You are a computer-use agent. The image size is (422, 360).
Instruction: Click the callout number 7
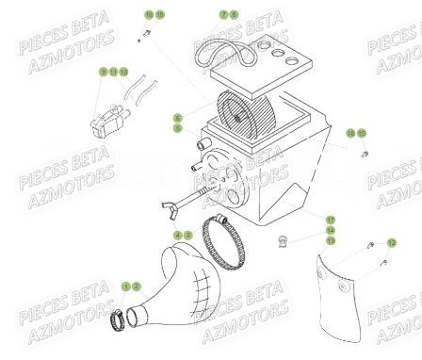[x=223, y=15]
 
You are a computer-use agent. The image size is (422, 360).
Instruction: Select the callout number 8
[x=234, y=15]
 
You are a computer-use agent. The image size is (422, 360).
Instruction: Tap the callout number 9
[x=103, y=72]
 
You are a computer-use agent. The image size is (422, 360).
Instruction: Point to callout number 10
[x=123, y=72]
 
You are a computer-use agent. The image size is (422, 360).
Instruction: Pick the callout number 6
[x=176, y=118]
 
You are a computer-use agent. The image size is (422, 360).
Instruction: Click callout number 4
[x=176, y=234]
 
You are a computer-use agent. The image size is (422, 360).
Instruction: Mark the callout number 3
[x=187, y=234]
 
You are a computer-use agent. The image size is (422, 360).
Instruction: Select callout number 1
[x=124, y=286]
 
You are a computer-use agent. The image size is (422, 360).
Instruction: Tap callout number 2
[x=136, y=286]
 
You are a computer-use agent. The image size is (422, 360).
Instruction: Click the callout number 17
[x=331, y=221]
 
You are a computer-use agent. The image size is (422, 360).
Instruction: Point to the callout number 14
[x=331, y=230]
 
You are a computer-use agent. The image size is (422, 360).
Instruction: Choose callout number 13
[x=331, y=240]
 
